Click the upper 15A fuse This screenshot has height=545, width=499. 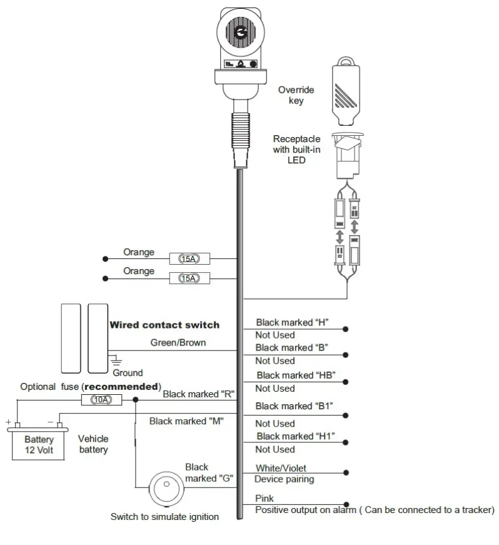click(x=189, y=258)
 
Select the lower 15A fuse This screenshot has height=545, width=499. click(x=189, y=277)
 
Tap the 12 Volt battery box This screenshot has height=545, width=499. click(x=39, y=444)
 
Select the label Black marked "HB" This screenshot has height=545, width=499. click(x=296, y=375)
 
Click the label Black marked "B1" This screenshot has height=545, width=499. click(x=294, y=405)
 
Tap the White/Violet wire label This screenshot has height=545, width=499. click(x=281, y=468)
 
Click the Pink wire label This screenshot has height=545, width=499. click(x=264, y=498)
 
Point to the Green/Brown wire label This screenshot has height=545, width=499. click(x=178, y=343)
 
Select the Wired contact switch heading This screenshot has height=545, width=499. click(x=164, y=325)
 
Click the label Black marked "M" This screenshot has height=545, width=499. click(x=187, y=421)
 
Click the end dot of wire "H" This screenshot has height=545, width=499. click(x=345, y=329)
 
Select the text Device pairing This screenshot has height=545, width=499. click(x=284, y=479)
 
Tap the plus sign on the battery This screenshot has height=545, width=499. click(x=9, y=422)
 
